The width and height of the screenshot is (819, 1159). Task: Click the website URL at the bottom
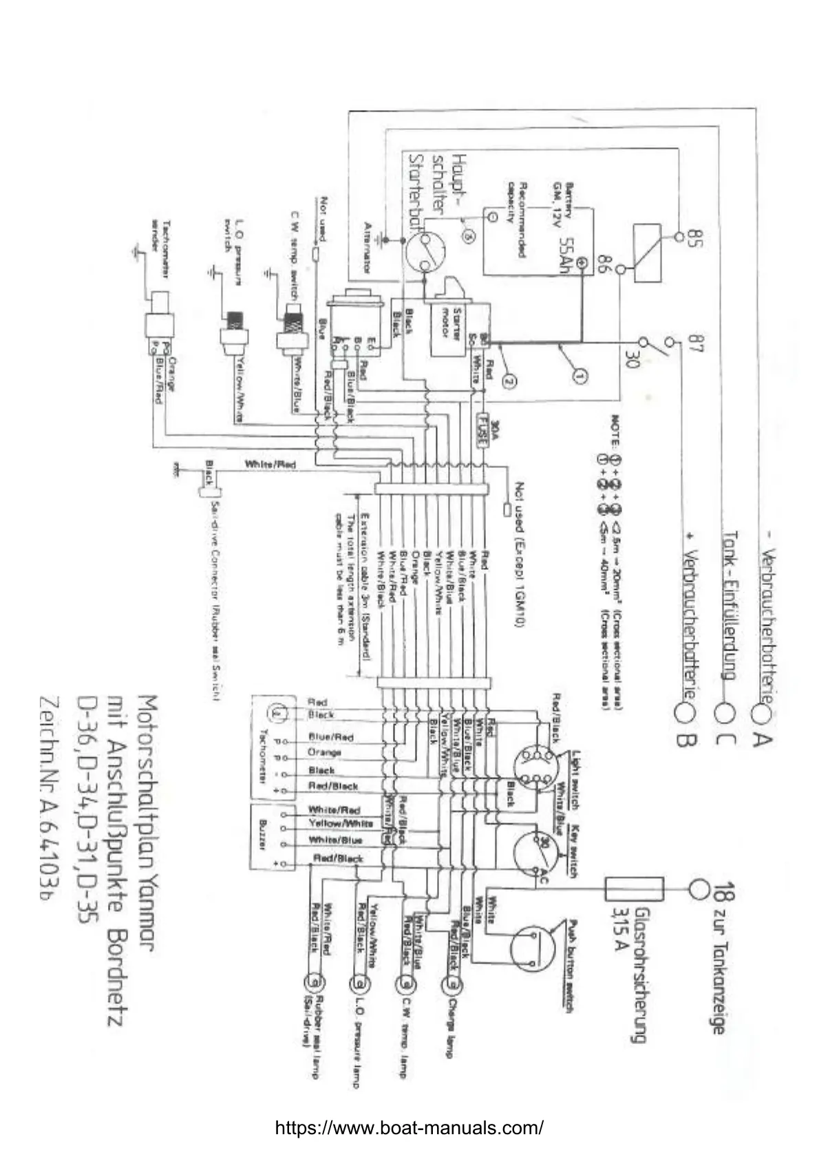pyautogui.click(x=409, y=1127)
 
